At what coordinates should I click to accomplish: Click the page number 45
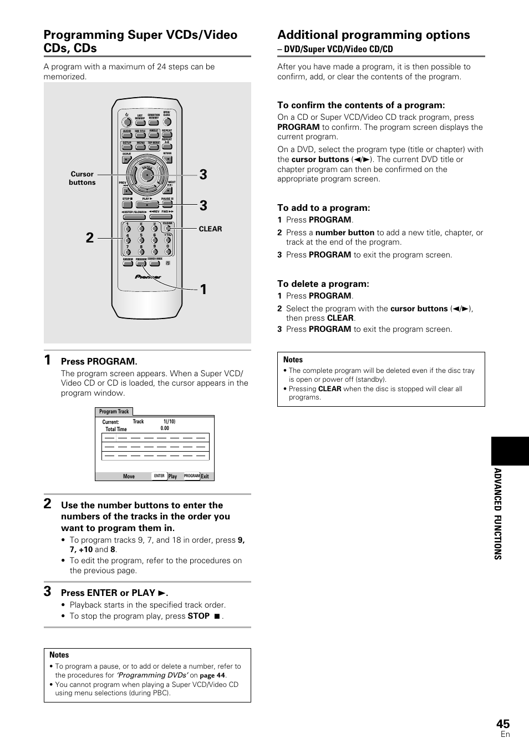502,723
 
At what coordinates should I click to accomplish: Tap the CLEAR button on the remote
167,228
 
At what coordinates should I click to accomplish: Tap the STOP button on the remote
128,204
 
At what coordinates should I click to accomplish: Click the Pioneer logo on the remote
148,277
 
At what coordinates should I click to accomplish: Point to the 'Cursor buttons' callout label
82,178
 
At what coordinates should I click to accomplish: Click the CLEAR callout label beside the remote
210,229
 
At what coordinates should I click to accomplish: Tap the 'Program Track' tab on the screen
114,412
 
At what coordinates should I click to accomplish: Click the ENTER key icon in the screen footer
159,476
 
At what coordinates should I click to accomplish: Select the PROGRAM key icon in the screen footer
191,476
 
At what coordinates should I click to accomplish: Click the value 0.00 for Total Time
165,429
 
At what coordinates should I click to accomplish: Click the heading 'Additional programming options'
374,35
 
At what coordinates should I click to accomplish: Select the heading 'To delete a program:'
323,284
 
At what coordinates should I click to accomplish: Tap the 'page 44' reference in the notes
212,675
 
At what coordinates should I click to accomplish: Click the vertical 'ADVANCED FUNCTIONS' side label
497,513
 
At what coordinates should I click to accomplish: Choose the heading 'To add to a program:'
324,208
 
